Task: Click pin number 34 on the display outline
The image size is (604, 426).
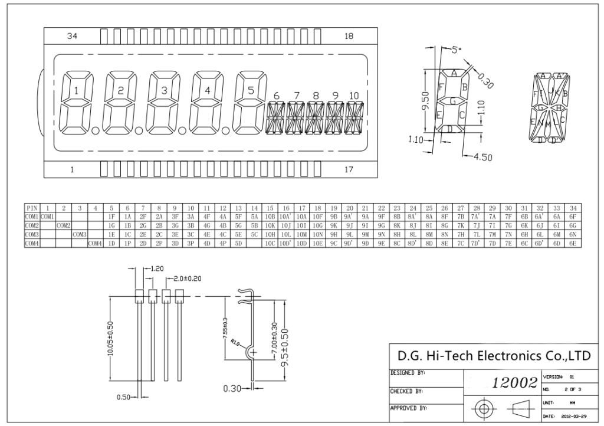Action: pos(72,37)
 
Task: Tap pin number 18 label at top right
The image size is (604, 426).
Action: pos(349,37)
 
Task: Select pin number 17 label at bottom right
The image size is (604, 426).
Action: pos(349,170)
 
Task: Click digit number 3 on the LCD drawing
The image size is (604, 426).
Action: pos(165,91)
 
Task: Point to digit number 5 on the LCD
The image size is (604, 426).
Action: pos(250,91)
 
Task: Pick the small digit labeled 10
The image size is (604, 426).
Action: pos(354,96)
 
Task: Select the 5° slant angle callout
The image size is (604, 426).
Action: pos(457,51)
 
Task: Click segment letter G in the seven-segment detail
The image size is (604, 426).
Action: pos(453,101)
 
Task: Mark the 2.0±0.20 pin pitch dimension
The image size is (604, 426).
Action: pos(190,277)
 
